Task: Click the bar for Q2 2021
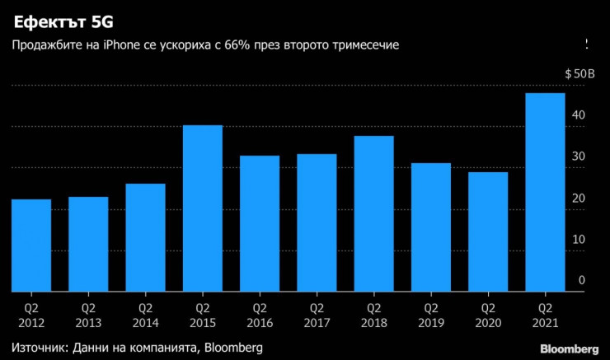click(545, 192)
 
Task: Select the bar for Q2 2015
click(202, 208)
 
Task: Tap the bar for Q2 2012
click(31, 245)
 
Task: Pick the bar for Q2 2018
click(373, 213)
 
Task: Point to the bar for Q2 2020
click(488, 231)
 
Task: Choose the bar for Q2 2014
click(145, 237)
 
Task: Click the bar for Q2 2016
click(260, 223)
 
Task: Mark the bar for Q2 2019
click(431, 227)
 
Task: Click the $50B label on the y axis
click(579, 74)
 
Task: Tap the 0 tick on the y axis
click(581, 281)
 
